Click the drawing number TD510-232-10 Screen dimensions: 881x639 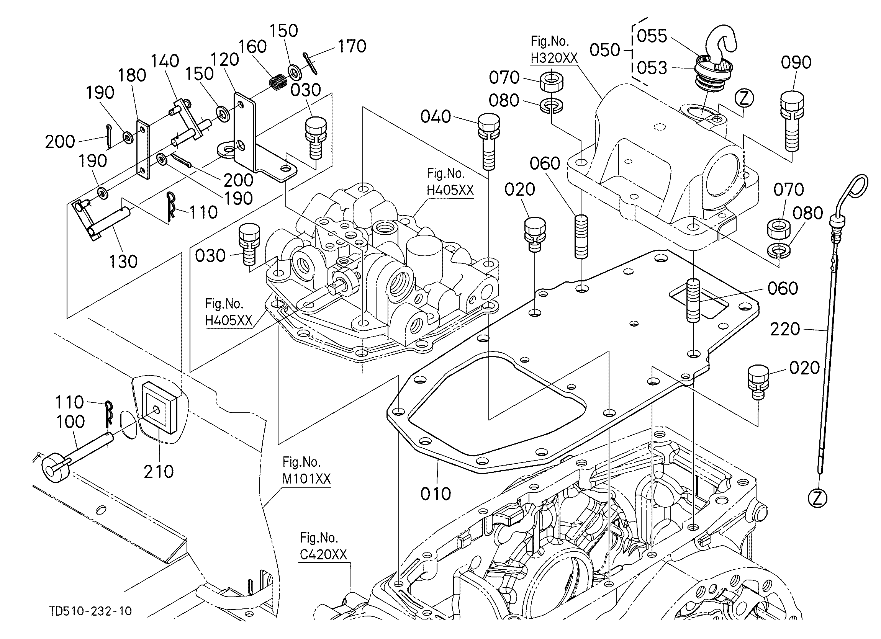coord(90,611)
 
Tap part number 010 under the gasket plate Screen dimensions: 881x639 coord(436,494)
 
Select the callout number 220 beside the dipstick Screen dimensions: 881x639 coord(785,329)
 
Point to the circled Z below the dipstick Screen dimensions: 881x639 coord(818,498)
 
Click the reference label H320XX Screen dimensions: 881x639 coord(554,58)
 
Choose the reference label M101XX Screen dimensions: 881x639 coord(306,479)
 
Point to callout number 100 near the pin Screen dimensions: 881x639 coord(71,422)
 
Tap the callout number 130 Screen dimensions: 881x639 coord(123,261)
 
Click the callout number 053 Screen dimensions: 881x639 coord(652,68)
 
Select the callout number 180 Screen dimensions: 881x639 coord(132,75)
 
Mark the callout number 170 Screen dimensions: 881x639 coord(352,46)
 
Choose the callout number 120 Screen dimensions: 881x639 coord(224,60)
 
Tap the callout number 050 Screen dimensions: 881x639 coord(605,50)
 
